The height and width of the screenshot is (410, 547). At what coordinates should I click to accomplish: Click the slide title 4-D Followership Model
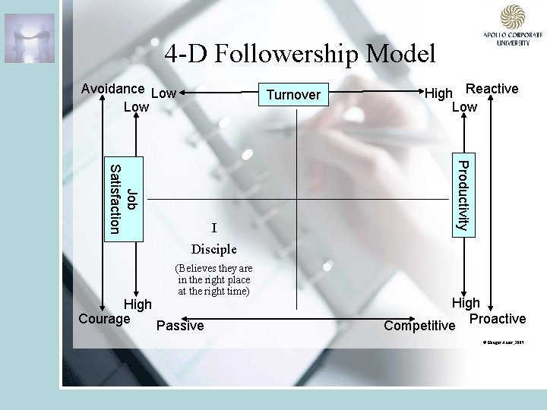(300, 53)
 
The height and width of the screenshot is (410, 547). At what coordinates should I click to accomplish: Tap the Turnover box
(293, 95)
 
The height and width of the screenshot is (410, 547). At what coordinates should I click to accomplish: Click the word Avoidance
(112, 89)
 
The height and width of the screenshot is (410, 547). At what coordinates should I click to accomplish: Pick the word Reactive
(492, 89)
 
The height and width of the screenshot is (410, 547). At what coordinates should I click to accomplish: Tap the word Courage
(104, 318)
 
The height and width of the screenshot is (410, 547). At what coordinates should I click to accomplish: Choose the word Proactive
(497, 318)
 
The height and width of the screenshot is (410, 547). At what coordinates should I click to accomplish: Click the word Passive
(179, 326)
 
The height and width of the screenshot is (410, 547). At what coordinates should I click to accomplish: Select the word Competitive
(419, 326)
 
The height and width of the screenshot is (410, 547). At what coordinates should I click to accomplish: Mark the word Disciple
(214, 249)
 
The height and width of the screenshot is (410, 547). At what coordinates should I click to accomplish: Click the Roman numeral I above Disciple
(214, 228)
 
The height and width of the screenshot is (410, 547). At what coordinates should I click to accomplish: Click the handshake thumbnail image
(30, 38)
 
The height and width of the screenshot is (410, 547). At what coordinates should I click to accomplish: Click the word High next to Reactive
(438, 93)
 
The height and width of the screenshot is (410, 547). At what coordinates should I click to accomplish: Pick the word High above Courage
(138, 304)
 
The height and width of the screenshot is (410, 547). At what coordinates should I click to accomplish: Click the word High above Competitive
(466, 303)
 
